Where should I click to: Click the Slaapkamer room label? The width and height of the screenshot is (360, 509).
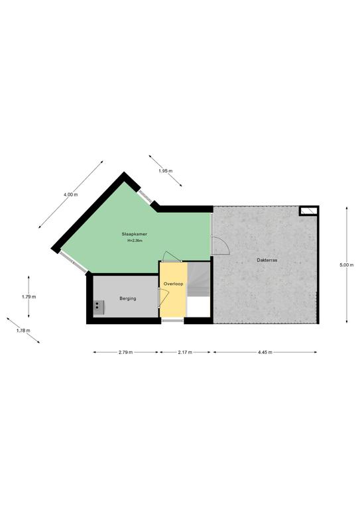135,234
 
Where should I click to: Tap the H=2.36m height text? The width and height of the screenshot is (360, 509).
135,241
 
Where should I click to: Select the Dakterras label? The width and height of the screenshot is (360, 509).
267,260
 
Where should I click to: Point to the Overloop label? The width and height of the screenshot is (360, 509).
173,284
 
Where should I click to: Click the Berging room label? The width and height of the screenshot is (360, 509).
128,298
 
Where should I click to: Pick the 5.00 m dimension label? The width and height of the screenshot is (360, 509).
346,265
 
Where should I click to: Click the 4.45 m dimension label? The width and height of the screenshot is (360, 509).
265,352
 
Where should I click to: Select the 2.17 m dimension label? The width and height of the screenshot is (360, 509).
185,352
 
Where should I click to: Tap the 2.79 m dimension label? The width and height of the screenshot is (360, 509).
125,352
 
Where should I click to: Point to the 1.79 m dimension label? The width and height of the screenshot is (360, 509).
29,297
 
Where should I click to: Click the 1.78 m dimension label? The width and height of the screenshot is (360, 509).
23,331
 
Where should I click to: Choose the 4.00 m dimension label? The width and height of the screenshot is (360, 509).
70,194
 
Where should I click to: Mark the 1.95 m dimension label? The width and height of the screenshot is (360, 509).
166,171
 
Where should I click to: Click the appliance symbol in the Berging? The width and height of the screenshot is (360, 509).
99,307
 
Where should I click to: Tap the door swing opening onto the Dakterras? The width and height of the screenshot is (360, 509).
221,245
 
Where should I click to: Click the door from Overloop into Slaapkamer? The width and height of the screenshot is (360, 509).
172,256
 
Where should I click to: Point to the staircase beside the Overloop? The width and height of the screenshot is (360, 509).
199,279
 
